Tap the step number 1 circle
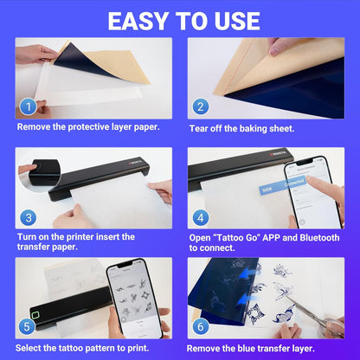coord(29,107)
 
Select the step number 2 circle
coord(201,107)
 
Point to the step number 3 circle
coord(29,218)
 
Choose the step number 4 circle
coord(201,218)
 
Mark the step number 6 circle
coord(201,327)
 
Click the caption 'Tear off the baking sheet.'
coord(245,129)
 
